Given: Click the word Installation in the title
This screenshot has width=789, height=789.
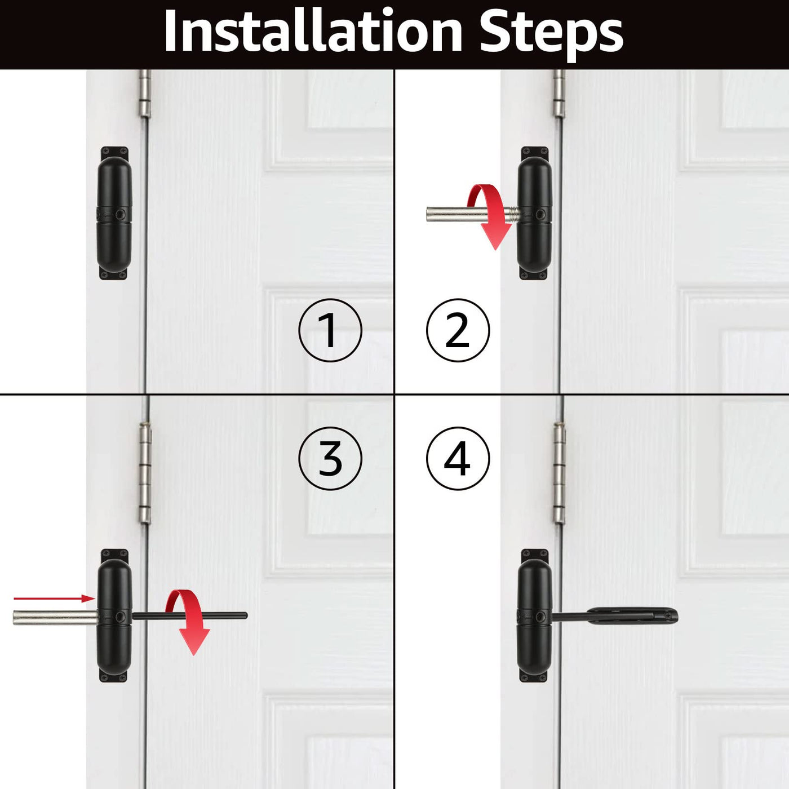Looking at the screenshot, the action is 313,31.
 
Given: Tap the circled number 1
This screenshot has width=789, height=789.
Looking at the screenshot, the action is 330,330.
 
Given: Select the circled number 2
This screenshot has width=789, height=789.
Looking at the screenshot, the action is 458,330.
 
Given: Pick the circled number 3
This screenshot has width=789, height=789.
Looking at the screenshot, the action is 330,458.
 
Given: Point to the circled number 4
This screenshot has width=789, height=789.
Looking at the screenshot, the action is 458,458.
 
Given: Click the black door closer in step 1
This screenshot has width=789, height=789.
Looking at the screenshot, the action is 114,213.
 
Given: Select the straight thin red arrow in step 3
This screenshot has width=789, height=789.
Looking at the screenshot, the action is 54,598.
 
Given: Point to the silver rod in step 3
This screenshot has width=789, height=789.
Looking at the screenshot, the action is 56,617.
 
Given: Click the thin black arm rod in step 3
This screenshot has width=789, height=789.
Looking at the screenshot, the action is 190,615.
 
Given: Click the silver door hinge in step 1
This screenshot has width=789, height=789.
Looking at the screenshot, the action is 144,94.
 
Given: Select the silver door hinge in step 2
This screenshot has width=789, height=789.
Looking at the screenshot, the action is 560,94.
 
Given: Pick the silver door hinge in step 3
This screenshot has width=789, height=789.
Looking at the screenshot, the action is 145,473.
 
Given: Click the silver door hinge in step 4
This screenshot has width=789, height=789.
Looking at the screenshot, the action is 560,473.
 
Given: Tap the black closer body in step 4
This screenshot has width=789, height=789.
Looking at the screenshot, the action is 535,615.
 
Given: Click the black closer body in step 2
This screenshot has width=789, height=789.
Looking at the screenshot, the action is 535,213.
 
